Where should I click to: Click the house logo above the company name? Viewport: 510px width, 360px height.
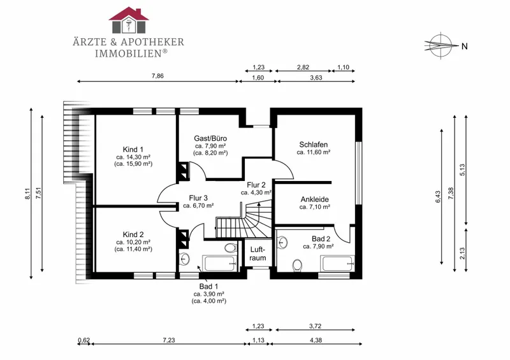point(129,20)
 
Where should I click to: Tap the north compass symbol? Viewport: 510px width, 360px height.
point(439,45)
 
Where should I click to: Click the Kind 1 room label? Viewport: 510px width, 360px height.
point(133,150)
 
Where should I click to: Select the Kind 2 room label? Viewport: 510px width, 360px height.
point(133,234)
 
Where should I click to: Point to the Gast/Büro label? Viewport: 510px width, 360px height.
point(210,138)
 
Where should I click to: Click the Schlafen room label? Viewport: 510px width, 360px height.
point(314,145)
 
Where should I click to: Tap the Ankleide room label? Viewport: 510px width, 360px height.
point(314,199)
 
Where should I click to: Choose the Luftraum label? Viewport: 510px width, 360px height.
point(258,254)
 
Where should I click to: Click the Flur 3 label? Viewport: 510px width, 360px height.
point(198,198)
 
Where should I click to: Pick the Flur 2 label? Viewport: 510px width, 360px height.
point(256,185)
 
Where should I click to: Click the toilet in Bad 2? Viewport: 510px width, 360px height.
point(296,265)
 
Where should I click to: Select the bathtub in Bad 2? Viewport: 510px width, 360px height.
point(337,263)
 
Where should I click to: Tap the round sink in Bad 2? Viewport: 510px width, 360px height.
point(282,242)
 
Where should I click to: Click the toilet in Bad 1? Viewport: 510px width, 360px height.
point(231,247)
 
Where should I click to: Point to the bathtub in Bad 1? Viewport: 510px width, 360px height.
point(219,263)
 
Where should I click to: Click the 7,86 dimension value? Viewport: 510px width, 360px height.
point(157,76)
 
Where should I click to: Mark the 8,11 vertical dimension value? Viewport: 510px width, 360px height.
point(27,194)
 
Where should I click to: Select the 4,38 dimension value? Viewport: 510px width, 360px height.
point(316,340)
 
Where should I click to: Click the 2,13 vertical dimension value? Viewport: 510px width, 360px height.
point(462,254)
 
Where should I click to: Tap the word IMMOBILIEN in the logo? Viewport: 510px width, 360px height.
point(128,54)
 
